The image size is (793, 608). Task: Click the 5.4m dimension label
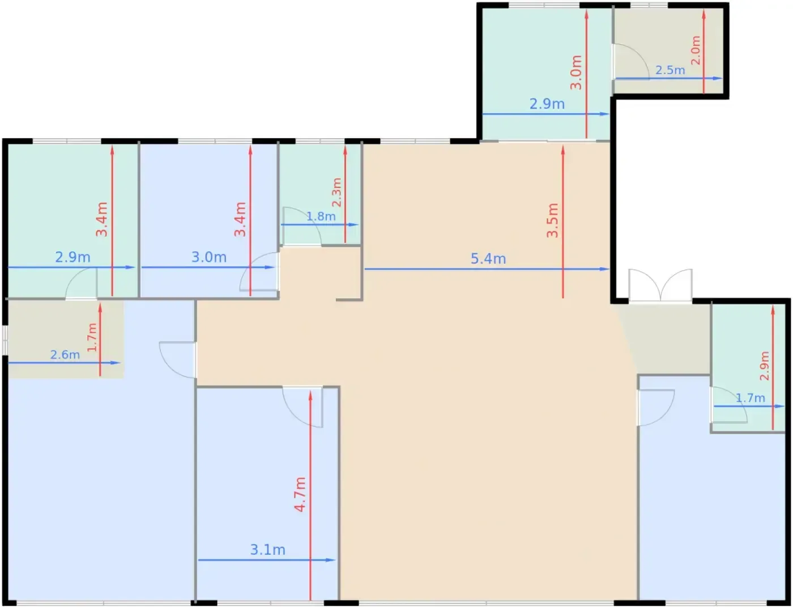488,259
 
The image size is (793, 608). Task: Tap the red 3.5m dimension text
552,221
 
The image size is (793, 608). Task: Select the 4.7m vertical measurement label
300,495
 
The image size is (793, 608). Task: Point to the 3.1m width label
267,550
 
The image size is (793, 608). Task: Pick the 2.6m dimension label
65,354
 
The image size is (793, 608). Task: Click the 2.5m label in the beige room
670,70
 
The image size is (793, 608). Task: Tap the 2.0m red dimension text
696,50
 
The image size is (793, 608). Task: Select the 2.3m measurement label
337,192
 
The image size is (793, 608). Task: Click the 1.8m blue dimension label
321,216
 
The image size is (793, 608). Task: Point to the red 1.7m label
92,337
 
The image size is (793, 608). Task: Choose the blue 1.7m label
751,398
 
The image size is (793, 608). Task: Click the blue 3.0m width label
209,257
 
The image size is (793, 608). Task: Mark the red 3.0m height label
576,72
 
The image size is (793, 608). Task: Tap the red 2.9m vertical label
764,366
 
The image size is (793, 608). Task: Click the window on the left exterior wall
5,340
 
